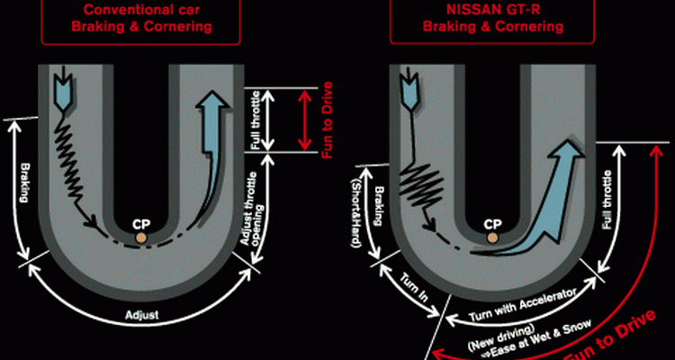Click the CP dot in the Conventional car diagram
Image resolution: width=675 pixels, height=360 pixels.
pos(141,238)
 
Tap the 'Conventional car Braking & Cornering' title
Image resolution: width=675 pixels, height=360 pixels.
pos(140,18)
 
